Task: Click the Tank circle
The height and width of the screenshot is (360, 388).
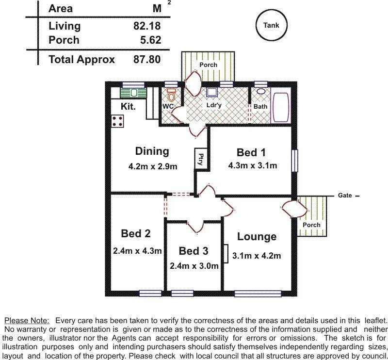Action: [271, 26]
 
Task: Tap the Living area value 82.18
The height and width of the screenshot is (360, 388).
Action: [146, 26]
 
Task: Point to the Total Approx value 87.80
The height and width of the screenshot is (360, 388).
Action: [146, 60]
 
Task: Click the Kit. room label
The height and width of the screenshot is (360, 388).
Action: [128, 106]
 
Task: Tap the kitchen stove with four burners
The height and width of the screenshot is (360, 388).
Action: [118, 121]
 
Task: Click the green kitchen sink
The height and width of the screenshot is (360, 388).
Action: [132, 93]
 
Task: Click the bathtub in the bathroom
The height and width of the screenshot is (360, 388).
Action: [281, 106]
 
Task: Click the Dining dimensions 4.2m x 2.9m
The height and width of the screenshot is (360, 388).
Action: [152, 166]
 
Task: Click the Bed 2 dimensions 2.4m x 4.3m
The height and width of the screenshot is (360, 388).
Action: [137, 251]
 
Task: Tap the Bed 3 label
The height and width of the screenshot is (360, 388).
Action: [194, 251]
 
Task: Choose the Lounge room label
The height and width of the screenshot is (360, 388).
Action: [257, 237]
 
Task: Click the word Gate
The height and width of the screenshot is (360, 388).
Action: [345, 196]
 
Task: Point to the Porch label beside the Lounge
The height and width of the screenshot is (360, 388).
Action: [311, 225]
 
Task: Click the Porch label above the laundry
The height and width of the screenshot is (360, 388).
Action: [209, 65]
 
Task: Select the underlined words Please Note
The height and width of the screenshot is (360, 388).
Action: [27, 321]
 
